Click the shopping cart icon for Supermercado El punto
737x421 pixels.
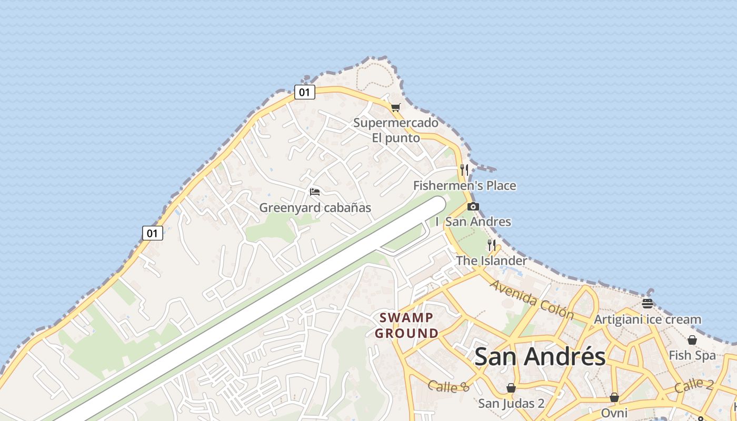395,107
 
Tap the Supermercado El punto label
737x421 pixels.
396,131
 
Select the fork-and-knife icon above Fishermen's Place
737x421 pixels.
464,169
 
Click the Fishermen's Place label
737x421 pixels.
464,186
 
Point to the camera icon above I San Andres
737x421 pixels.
473,206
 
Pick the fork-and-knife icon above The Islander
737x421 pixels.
492,245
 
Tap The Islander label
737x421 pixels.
491,260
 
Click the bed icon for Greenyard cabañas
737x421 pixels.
315,192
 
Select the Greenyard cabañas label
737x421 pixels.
315,208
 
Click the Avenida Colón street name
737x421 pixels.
532,300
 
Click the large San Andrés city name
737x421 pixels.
540,356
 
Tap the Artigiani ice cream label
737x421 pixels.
648,319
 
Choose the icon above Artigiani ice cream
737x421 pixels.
648,303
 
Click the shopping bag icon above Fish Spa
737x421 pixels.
692,340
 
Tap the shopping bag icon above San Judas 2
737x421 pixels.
511,388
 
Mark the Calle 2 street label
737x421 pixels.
694,385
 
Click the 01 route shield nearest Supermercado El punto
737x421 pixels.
304,93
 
